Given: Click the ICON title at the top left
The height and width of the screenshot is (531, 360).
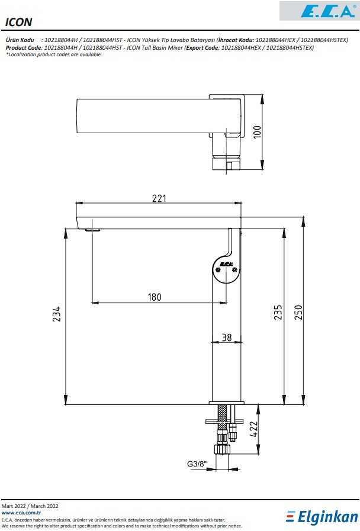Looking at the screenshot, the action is (x=18, y=22).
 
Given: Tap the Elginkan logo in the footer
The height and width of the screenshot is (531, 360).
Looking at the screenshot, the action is (x=322, y=517).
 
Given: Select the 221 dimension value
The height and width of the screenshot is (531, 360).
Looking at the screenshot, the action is (x=159, y=198).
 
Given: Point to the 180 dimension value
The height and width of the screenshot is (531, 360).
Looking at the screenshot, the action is (x=155, y=297).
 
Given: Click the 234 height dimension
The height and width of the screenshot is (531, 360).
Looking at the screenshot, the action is (x=57, y=314).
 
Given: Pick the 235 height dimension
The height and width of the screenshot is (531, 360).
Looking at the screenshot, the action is (x=278, y=313).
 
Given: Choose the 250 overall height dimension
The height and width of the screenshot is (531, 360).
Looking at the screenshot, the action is (x=298, y=312).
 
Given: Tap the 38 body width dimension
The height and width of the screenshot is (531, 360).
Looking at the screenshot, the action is (x=227, y=337).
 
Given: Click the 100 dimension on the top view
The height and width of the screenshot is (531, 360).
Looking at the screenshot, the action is (x=257, y=132).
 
